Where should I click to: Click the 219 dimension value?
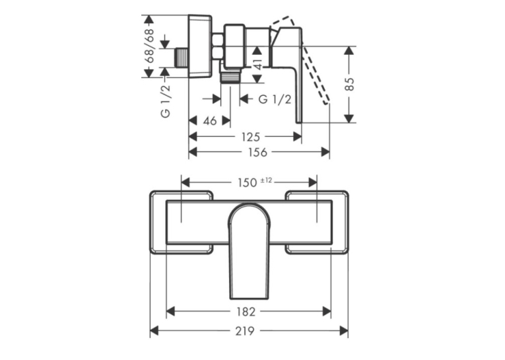(x=246, y=331)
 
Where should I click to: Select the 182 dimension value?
(x=246, y=312)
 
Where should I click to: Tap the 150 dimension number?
(x=248, y=183)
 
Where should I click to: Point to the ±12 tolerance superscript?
(x=266, y=180)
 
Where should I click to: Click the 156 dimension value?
(x=258, y=152)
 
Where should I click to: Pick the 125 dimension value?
(x=251, y=137)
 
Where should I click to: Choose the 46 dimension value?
(x=210, y=121)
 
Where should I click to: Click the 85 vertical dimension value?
(x=349, y=84)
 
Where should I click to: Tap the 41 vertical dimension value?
(x=258, y=64)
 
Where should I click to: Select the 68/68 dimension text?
(x=149, y=46)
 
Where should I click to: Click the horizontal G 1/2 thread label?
(x=275, y=99)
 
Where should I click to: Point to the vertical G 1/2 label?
(x=165, y=102)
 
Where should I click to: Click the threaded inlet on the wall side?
(x=182, y=57)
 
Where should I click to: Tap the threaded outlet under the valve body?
(x=230, y=77)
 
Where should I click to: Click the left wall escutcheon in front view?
(x=181, y=223)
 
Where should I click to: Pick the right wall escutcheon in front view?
(x=317, y=223)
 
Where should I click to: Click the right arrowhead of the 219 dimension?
(x=344, y=331)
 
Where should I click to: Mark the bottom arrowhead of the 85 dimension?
(x=349, y=118)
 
